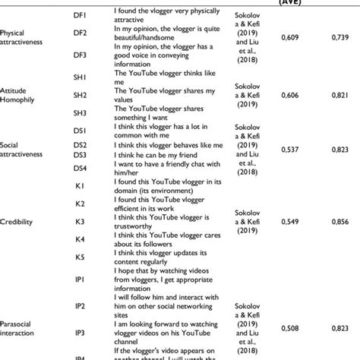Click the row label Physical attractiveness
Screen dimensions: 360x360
tap(21, 38)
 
